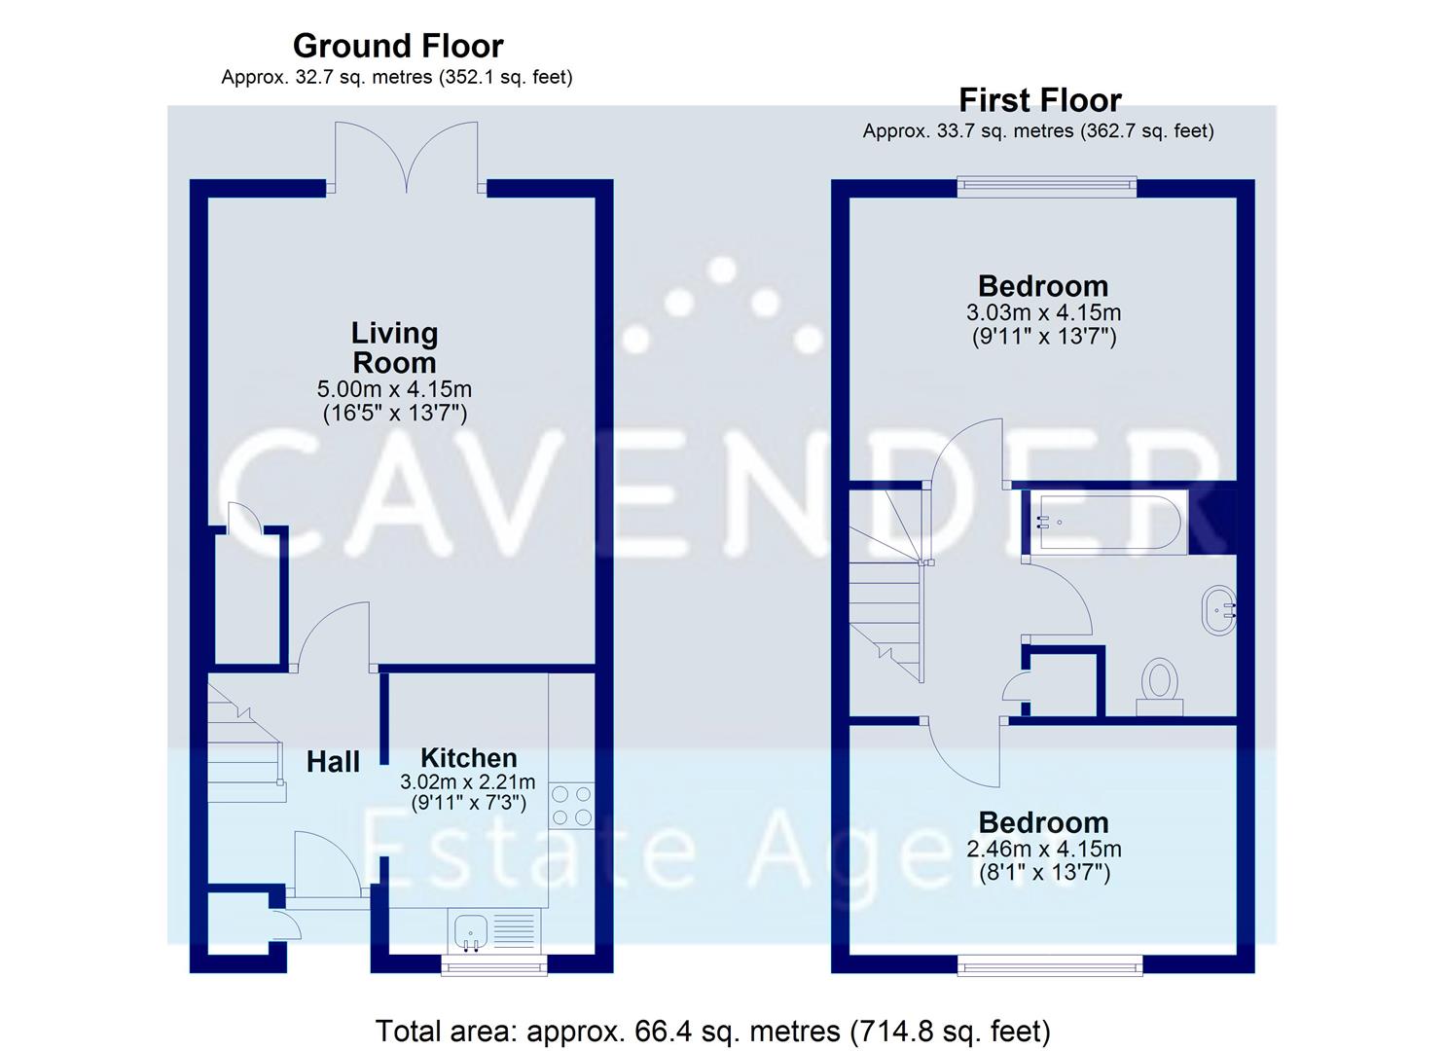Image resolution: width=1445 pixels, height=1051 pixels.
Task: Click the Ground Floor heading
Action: tap(397, 46)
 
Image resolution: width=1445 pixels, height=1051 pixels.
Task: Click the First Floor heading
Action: tap(1039, 100)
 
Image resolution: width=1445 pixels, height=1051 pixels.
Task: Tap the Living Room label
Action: tap(394, 347)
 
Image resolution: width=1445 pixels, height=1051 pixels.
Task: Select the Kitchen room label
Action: tap(468, 758)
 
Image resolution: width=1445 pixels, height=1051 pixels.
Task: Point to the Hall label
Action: tap(333, 762)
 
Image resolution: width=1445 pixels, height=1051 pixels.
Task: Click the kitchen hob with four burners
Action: tap(571, 806)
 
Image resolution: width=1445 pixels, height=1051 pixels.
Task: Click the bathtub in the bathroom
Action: tap(1108, 523)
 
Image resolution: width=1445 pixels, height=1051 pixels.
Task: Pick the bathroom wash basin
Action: tap(1218, 610)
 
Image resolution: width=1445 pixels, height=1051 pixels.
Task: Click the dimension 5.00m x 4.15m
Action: tap(394, 389)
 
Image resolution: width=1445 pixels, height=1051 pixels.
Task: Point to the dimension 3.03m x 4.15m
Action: tap(1043, 313)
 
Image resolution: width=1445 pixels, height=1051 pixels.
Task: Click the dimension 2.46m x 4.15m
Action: tap(1043, 849)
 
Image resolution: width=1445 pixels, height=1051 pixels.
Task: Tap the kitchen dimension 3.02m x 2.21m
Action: tap(468, 781)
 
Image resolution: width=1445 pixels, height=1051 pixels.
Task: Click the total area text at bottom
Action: tap(712, 1031)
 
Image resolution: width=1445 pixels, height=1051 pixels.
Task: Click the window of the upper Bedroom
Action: tap(1046, 185)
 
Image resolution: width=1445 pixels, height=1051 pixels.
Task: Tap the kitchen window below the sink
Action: tap(493, 964)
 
